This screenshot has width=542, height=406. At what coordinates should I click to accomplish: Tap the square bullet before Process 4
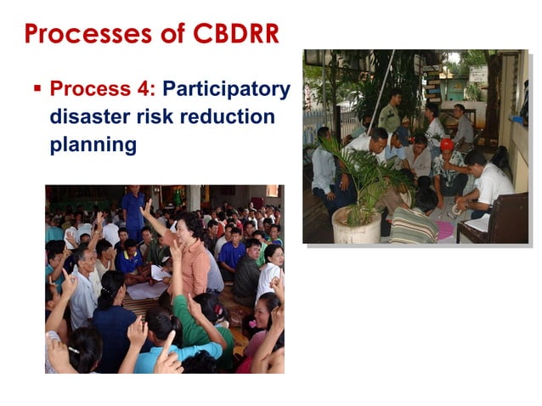pyautogui.click(x=37, y=88)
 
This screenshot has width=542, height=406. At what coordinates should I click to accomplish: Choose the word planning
pyautogui.click(x=93, y=144)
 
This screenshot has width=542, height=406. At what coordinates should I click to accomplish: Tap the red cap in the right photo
pyautogui.click(x=447, y=144)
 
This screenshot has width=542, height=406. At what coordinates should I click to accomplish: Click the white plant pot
pyautogui.click(x=358, y=224)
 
